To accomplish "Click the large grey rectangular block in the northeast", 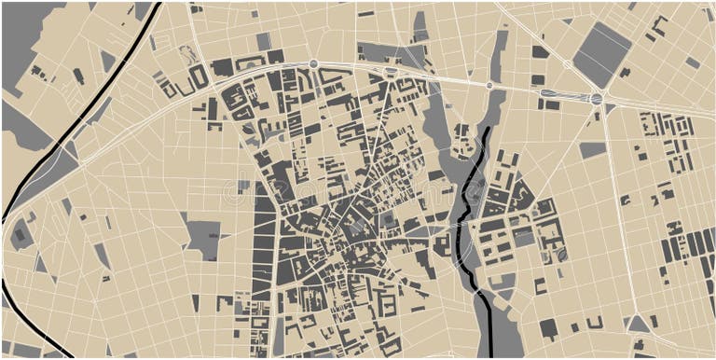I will pyautogui.click(x=601, y=55).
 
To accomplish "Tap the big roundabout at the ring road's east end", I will pyautogui.click(x=597, y=98).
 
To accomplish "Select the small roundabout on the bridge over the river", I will pyautogui.click(x=489, y=86).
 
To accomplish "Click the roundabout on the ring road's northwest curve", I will pyautogui.click(x=314, y=64).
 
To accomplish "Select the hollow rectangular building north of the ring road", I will pyautogui.click(x=199, y=76).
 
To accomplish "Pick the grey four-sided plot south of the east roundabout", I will pyautogui.click(x=592, y=149).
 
